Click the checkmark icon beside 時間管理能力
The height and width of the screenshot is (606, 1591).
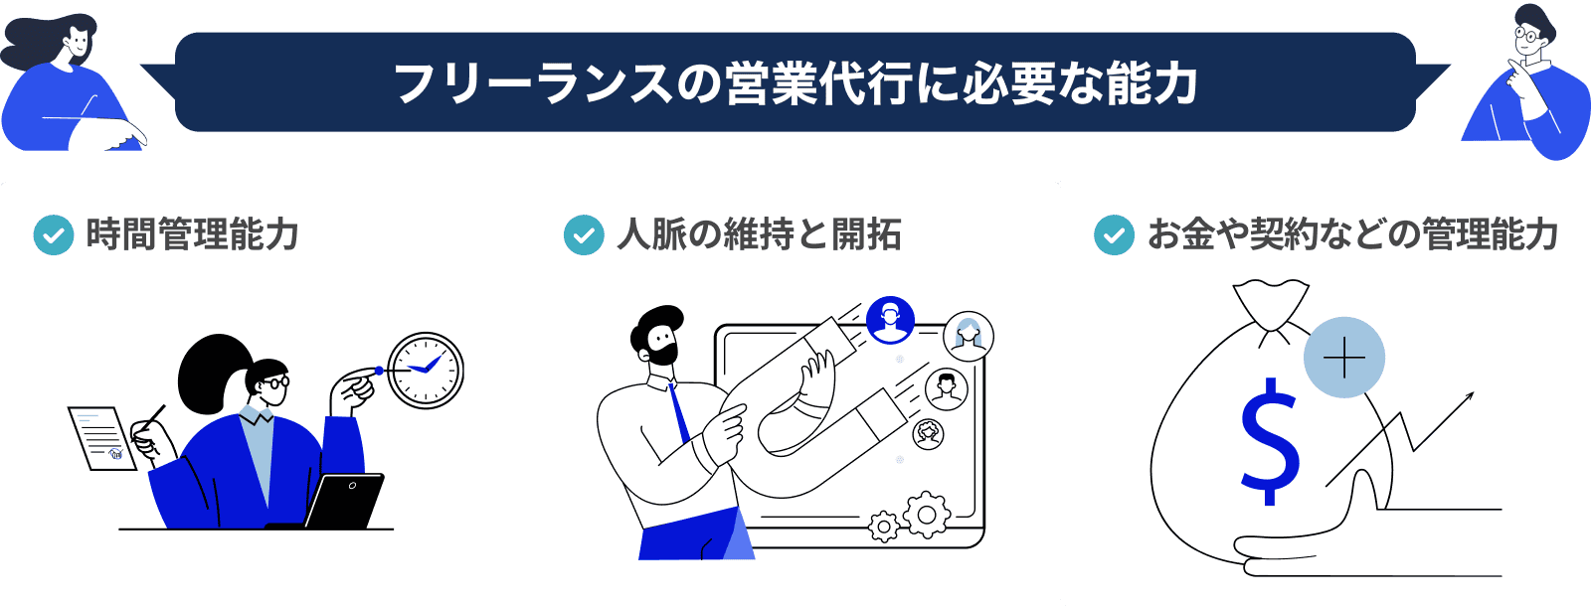[x=54, y=234]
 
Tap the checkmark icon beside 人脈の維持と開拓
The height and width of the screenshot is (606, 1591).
[x=584, y=234]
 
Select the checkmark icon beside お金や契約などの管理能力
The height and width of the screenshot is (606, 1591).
[x=1115, y=234]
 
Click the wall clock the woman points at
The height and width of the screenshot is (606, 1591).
[x=426, y=371]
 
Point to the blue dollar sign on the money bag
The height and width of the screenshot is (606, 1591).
[x=1271, y=441]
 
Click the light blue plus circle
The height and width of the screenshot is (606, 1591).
[x=1343, y=357]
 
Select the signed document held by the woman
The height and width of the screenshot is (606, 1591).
[x=102, y=438]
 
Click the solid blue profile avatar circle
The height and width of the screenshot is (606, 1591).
[x=890, y=320]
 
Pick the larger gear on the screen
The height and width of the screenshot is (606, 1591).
[x=926, y=514]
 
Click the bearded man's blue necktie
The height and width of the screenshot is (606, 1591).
[x=679, y=413]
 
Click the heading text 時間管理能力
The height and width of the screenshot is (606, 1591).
[x=192, y=234]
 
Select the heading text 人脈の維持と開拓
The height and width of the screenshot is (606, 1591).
[x=760, y=234]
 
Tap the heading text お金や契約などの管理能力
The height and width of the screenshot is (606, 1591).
[x=1353, y=234]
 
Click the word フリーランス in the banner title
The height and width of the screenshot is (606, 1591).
[x=533, y=83]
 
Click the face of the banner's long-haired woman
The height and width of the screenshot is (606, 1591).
[x=76, y=44]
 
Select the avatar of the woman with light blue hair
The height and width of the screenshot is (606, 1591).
[x=969, y=336]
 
